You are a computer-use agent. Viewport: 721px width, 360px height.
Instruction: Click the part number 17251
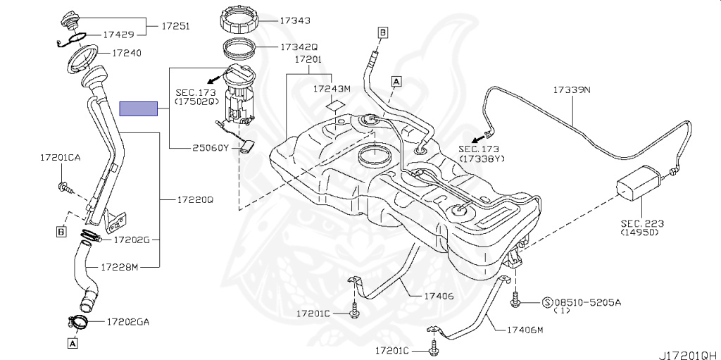pyautogui.click(x=175, y=26)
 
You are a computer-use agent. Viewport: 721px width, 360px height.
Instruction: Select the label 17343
pyautogui.click(x=295, y=20)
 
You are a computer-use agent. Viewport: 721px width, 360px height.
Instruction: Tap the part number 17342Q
pyautogui.click(x=299, y=47)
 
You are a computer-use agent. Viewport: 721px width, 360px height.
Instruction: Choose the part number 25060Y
pyautogui.click(x=210, y=148)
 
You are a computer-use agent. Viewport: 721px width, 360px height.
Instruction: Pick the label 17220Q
pyautogui.click(x=195, y=200)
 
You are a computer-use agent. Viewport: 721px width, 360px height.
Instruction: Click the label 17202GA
pyautogui.click(x=128, y=322)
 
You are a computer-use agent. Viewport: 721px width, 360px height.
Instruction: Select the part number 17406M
pyautogui.click(x=525, y=330)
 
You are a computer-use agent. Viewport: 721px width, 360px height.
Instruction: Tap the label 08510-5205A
pyautogui.click(x=588, y=302)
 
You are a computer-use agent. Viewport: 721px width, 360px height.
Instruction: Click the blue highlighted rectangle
pyautogui.click(x=139, y=108)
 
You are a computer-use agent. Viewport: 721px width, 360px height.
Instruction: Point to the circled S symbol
pyautogui.click(x=548, y=302)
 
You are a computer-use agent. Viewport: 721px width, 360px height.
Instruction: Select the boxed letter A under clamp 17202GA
pyautogui.click(x=73, y=342)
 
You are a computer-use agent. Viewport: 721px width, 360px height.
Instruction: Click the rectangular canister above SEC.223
pyautogui.click(x=639, y=182)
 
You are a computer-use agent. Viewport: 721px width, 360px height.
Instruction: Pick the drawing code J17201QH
pyautogui.click(x=690, y=355)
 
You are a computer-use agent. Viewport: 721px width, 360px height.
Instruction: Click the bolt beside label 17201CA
pyautogui.click(x=64, y=187)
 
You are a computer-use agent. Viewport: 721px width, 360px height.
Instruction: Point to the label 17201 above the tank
pyautogui.click(x=308, y=59)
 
